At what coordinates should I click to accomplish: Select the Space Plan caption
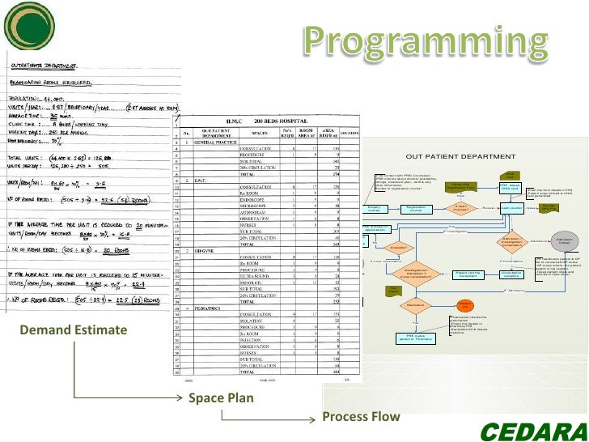coord(221,398)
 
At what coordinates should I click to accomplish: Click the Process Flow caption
coord(361,417)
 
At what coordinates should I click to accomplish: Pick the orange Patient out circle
coord(465,305)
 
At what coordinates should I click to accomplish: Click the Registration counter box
coord(416,209)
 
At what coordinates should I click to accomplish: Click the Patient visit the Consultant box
coord(468,274)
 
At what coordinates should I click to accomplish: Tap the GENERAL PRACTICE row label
coord(215,142)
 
